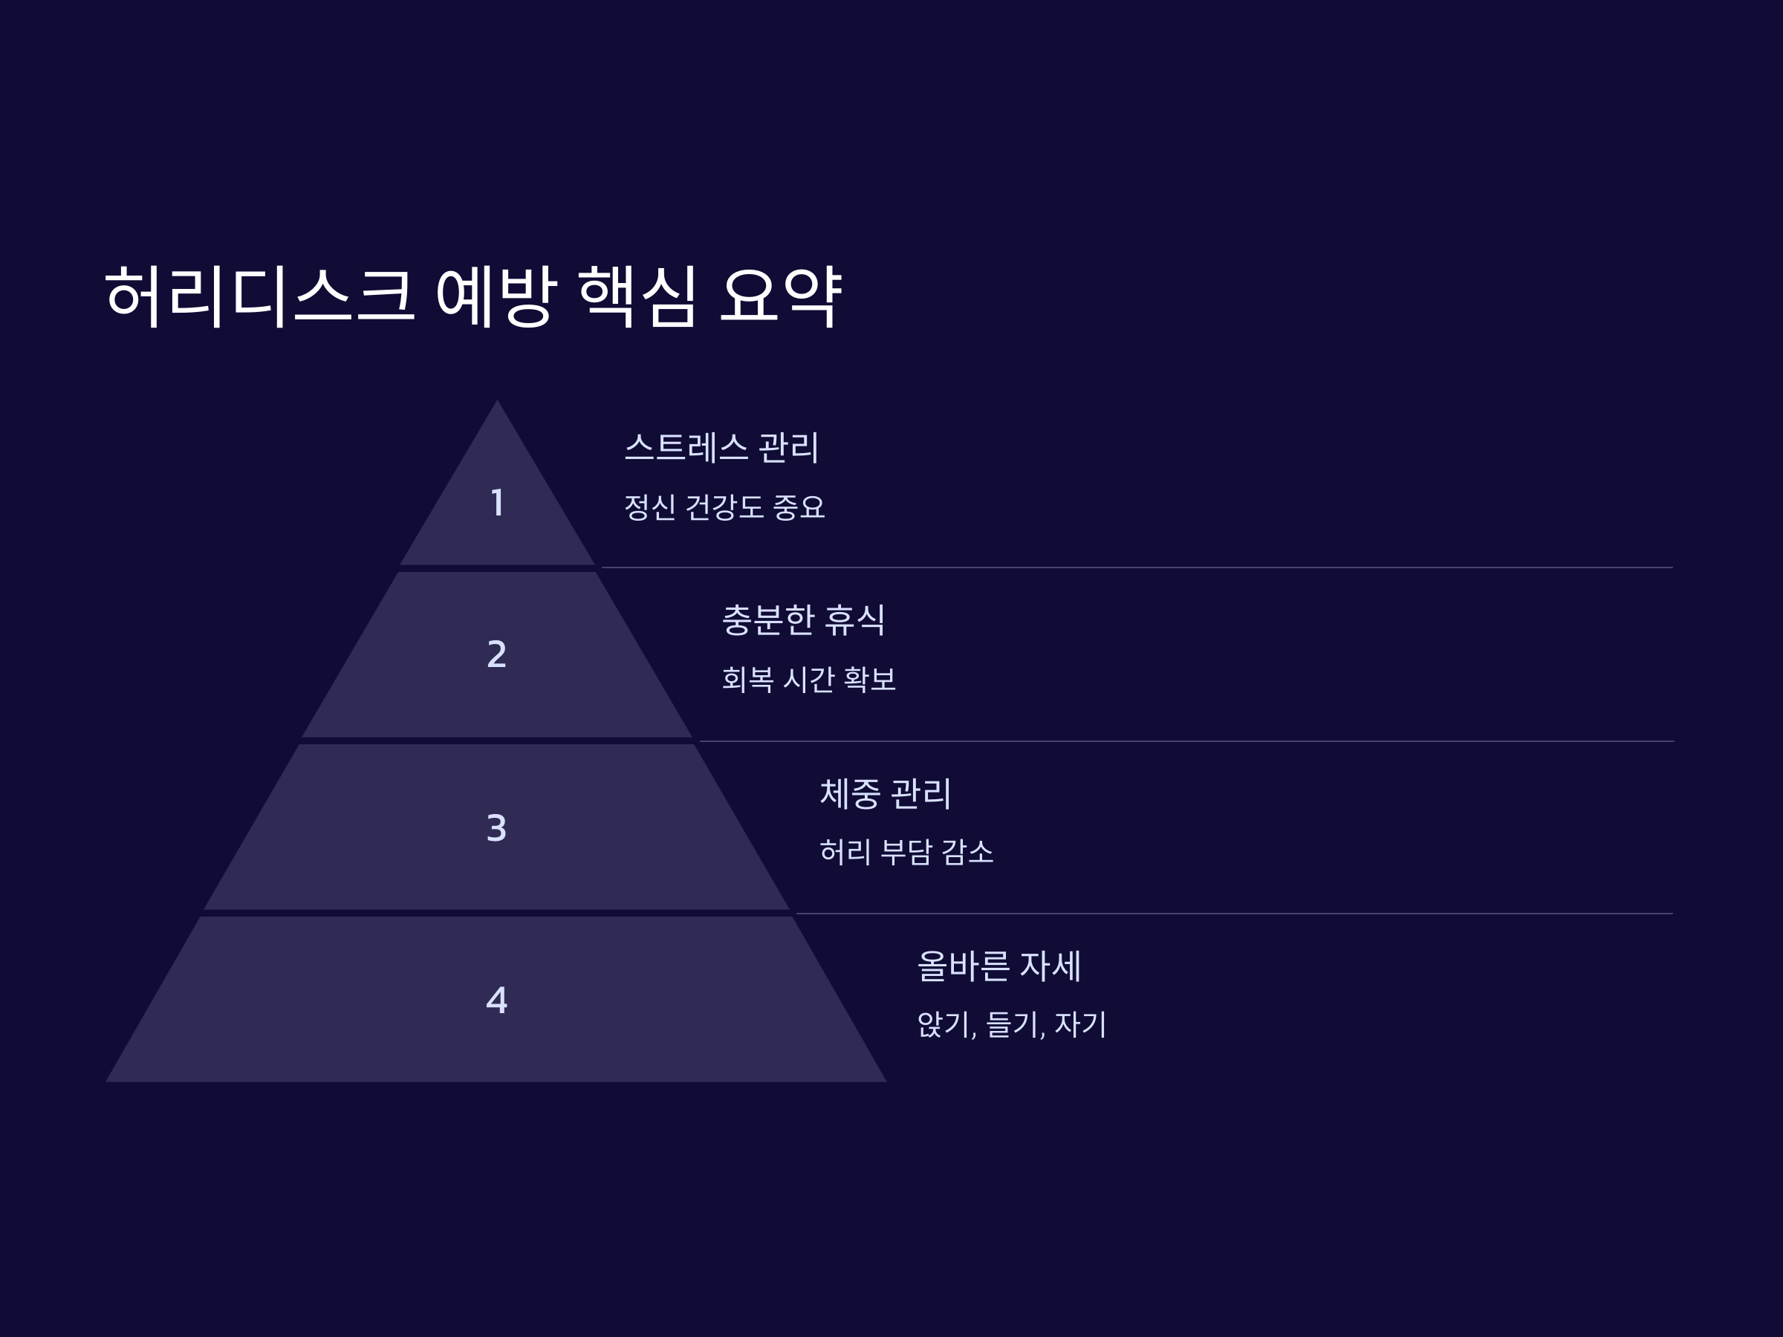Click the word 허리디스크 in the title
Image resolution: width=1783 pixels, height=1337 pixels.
259,296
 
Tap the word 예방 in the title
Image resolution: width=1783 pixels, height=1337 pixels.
496,296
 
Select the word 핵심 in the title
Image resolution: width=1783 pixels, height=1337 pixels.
637,296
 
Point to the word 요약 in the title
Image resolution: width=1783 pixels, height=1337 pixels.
780,296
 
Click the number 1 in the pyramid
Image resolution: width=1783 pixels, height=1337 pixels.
497,503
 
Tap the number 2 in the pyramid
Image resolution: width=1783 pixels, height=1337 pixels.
496,654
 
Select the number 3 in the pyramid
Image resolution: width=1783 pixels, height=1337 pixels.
496,827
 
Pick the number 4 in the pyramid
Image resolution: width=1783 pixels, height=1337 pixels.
496,1000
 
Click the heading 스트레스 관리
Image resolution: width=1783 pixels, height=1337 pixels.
721,447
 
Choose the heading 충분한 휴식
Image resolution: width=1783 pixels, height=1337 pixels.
804,619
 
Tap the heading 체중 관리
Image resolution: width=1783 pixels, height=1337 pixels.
885,793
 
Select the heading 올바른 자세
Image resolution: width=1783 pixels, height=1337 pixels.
998,966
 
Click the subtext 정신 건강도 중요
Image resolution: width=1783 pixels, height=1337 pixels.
724,507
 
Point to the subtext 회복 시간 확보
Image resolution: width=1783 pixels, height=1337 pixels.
808,680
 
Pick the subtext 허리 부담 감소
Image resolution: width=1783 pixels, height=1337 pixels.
906,852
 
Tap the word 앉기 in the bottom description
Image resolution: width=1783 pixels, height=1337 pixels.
944,1024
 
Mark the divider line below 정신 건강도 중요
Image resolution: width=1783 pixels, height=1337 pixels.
1137,567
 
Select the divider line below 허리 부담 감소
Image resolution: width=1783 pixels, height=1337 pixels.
1233,914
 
